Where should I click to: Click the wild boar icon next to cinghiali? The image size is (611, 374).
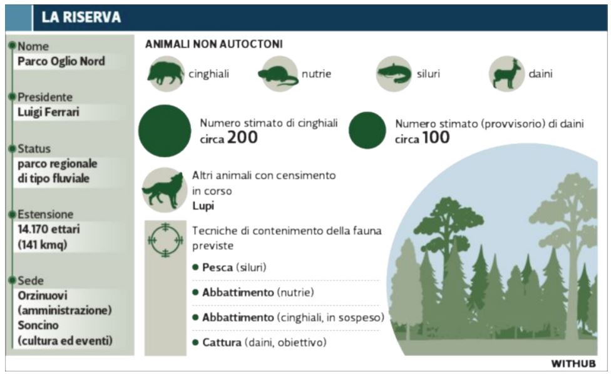coord(166,74)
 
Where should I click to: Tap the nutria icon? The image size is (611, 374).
coord(278,74)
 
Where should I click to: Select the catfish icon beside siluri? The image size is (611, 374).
coord(394,74)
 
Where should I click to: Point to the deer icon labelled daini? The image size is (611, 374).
coord(507,74)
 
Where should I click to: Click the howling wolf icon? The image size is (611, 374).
coord(163,190)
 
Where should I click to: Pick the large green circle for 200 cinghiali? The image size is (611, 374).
coord(165,131)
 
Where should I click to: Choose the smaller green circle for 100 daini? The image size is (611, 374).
coord(367,130)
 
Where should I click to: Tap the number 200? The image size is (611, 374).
coord(242,138)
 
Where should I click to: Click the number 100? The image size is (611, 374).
coord(436,138)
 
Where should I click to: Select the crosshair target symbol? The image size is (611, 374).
coord(166,240)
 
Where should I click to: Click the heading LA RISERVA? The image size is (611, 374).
coord(81,17)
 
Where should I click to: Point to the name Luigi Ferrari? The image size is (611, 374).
coord(48,112)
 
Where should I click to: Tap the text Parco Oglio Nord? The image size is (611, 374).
coord(61,61)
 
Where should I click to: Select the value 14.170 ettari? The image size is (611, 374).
coord(49,229)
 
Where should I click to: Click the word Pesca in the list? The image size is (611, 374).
coord(217,267)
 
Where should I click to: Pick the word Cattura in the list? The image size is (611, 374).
coord(222,343)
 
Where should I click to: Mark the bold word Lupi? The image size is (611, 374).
coord(203,206)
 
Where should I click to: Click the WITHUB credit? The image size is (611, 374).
coord(573,363)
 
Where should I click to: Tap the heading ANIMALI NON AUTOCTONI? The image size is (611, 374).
coord(214,44)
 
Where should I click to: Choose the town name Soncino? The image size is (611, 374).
coord(38,325)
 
